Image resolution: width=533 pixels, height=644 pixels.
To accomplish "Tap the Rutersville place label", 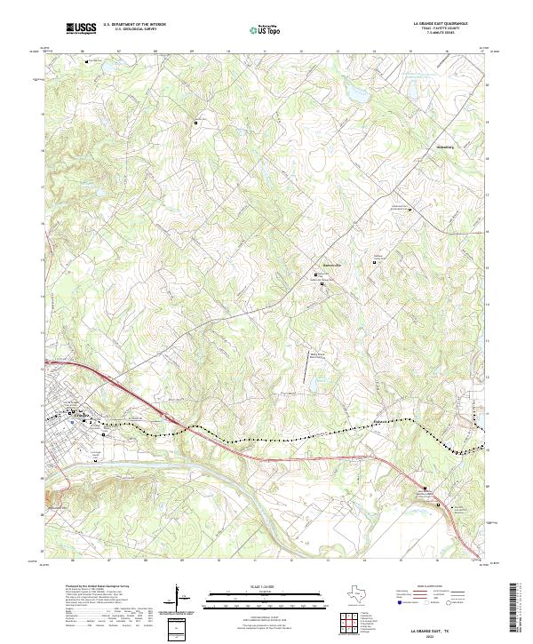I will point(330,265).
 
